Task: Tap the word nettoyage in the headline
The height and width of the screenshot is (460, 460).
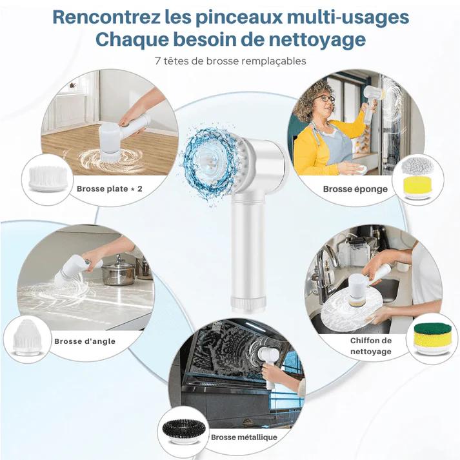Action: point(317,40)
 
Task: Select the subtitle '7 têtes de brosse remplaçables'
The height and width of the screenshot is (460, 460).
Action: point(230,61)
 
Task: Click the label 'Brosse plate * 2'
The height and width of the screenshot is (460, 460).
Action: point(110,188)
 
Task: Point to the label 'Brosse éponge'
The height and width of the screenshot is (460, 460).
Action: point(355,189)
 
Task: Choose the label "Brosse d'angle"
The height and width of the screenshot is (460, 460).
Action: point(85,341)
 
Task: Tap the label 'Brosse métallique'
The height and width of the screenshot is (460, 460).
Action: point(244,437)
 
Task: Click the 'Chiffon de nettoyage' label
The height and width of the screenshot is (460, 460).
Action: point(371,346)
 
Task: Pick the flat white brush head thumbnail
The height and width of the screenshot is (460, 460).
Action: point(48,178)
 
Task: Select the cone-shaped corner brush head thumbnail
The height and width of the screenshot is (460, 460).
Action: point(28,338)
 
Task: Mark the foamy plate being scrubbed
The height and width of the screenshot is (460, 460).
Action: point(352,312)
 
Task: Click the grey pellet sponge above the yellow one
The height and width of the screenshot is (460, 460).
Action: point(417,165)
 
